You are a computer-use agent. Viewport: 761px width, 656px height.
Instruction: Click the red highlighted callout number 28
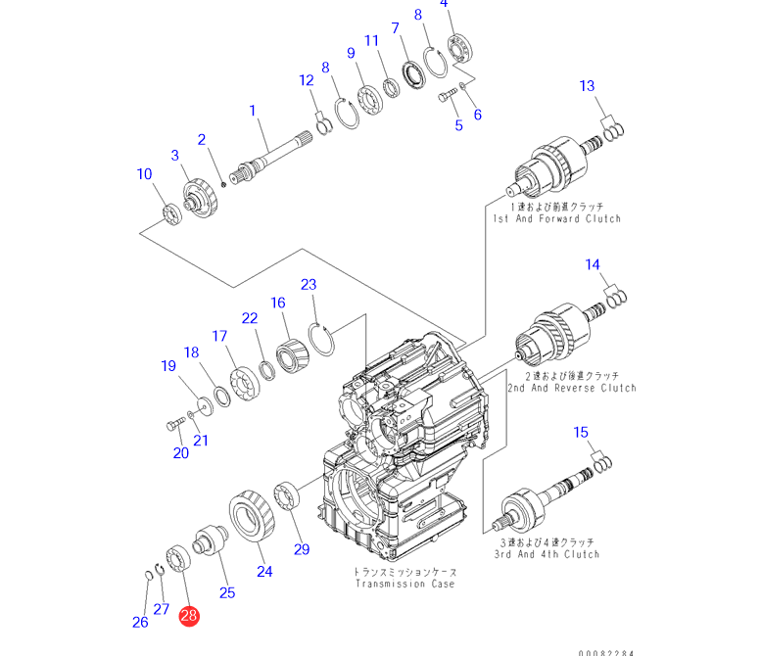click(x=188, y=616)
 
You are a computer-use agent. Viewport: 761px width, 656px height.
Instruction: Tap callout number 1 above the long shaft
click(x=253, y=112)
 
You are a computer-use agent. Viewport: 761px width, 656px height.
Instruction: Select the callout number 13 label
click(x=587, y=86)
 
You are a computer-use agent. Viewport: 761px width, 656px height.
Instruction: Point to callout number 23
click(x=309, y=285)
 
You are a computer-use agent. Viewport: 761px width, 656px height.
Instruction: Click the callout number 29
click(x=302, y=548)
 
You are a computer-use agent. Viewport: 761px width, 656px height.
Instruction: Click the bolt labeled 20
click(x=173, y=425)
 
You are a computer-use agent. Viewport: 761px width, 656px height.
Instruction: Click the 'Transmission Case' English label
click(x=405, y=584)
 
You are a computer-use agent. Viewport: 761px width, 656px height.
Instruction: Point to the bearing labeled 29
click(x=289, y=495)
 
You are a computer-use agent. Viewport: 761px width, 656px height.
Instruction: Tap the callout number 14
click(x=594, y=265)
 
